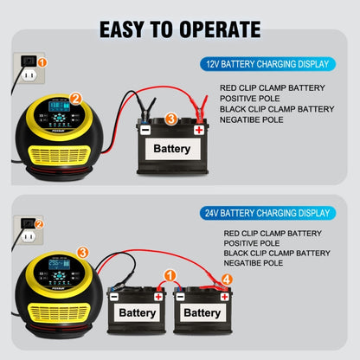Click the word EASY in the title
[x=126, y=29]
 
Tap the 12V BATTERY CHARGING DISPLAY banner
[x=265, y=64]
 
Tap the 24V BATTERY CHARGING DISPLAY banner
[x=265, y=212]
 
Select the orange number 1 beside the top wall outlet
[x=43, y=63]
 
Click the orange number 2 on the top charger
[x=76, y=100]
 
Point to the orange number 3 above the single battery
[x=171, y=119]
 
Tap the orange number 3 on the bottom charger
[x=82, y=252]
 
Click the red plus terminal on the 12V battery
[x=200, y=130]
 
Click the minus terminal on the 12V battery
[x=145, y=130]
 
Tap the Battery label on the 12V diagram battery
[x=172, y=149]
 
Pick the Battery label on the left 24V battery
[x=138, y=312]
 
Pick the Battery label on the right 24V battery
[x=202, y=312]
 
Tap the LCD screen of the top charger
[x=58, y=110]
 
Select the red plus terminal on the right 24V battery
[x=224, y=296]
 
